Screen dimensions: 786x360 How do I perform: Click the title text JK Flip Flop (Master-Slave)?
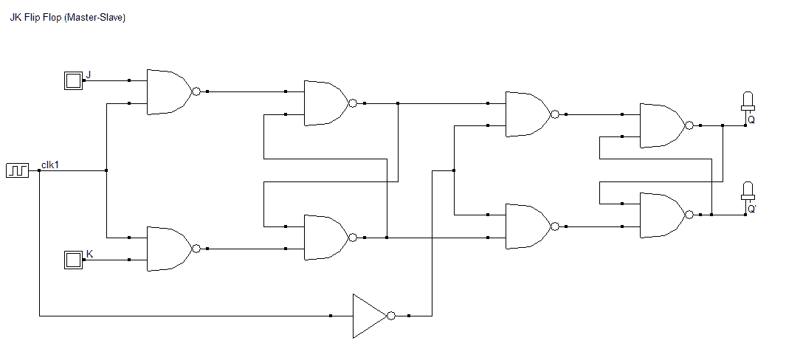click(x=68, y=18)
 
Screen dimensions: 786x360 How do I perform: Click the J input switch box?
click(x=73, y=80)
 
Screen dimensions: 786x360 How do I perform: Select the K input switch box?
click(x=73, y=260)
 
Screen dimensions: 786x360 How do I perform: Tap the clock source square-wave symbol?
click(x=18, y=170)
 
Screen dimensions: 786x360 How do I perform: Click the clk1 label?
click(x=50, y=164)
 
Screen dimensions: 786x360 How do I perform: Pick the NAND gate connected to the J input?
click(x=169, y=91)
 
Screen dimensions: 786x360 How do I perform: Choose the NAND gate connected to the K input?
click(x=169, y=249)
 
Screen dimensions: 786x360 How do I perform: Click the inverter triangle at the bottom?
click(x=370, y=316)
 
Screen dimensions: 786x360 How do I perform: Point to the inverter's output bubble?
click(x=391, y=316)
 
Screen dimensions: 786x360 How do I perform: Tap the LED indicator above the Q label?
click(x=748, y=102)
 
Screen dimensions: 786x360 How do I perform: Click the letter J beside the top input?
click(x=89, y=75)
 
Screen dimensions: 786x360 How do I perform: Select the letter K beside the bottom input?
click(x=89, y=254)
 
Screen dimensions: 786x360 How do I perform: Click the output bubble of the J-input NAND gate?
click(x=196, y=91)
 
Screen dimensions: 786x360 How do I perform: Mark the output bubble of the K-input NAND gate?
click(x=196, y=249)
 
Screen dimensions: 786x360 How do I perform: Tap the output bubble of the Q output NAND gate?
click(x=689, y=125)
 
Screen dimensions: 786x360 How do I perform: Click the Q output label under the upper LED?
click(x=751, y=120)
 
